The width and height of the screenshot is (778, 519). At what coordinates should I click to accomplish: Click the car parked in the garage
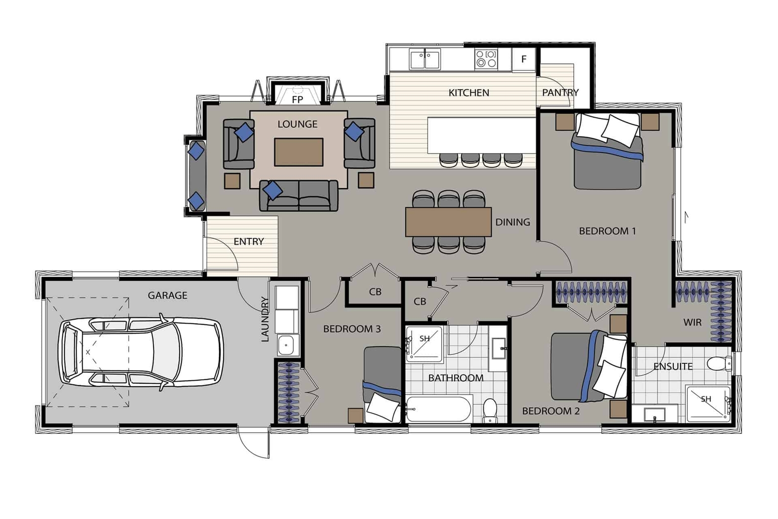[x=141, y=352]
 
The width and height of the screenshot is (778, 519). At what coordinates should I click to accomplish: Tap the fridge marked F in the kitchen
[x=524, y=59]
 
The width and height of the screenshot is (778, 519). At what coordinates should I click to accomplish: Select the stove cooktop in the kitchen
[x=486, y=58]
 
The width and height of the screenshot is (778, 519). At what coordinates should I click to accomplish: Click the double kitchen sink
[x=425, y=59]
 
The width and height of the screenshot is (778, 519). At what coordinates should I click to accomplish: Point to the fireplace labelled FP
[x=297, y=93]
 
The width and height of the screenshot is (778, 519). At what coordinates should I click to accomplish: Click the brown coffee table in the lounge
[x=299, y=152]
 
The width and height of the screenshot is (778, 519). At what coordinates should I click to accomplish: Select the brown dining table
[x=448, y=222]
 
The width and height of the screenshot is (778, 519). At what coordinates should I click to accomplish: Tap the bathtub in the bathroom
[x=439, y=409]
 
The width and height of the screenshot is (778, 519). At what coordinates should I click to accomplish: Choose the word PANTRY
[x=560, y=92]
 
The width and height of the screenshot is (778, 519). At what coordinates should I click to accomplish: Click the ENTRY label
[x=249, y=241]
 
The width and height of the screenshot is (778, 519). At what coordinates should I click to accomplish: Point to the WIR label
[x=692, y=322]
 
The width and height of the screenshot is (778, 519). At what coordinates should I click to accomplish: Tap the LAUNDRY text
[x=265, y=319]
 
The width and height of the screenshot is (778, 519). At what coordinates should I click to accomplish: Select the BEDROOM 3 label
[x=352, y=329]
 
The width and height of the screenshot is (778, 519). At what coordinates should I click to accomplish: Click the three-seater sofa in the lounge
[x=299, y=196]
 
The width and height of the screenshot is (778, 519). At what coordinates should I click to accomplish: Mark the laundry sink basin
[x=287, y=345]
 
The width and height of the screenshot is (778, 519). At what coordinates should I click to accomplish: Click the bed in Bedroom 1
[x=607, y=151]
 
